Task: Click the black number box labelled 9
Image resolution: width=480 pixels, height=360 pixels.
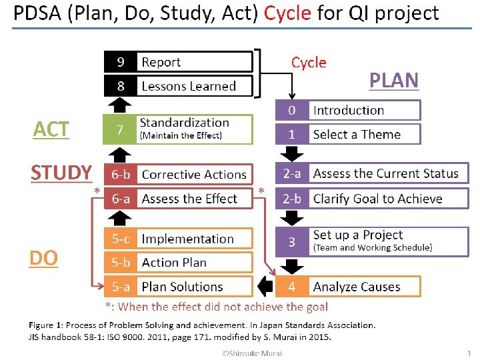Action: click(x=121, y=62)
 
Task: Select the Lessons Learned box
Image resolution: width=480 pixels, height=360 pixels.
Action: click(x=195, y=86)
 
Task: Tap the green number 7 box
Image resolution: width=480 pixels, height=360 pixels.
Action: click(x=119, y=129)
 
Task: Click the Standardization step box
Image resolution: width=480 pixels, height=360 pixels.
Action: click(x=195, y=129)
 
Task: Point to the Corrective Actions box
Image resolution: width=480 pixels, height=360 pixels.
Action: click(x=195, y=175)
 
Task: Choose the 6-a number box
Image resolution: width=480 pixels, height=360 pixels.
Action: click(x=121, y=199)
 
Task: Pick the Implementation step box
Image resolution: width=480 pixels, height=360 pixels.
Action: click(x=195, y=239)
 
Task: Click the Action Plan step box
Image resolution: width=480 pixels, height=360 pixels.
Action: click(x=195, y=263)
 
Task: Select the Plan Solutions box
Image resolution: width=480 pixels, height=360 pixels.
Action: click(x=195, y=287)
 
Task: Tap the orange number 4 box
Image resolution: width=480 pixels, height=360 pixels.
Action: click(x=292, y=287)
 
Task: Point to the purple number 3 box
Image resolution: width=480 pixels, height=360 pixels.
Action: click(x=292, y=242)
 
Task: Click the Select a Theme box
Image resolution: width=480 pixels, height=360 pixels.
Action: click(x=364, y=134)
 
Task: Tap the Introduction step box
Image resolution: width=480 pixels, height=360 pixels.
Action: click(x=364, y=110)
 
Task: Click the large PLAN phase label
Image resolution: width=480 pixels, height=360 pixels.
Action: click(x=394, y=80)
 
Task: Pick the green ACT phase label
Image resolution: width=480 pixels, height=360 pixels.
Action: click(x=51, y=129)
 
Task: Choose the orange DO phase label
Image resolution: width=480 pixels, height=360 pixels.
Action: click(x=44, y=258)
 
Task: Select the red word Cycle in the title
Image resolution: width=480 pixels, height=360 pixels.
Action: click(x=288, y=13)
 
